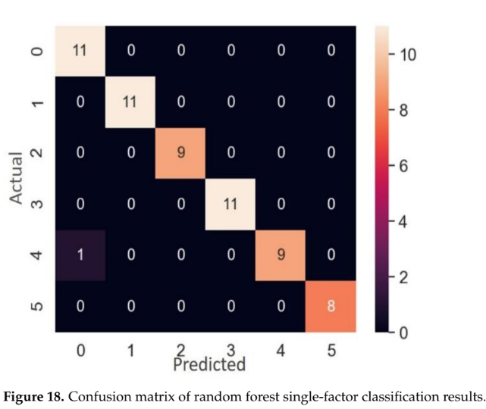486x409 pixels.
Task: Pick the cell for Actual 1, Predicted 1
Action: tap(130, 102)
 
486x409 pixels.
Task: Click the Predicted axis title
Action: tap(209, 365)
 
